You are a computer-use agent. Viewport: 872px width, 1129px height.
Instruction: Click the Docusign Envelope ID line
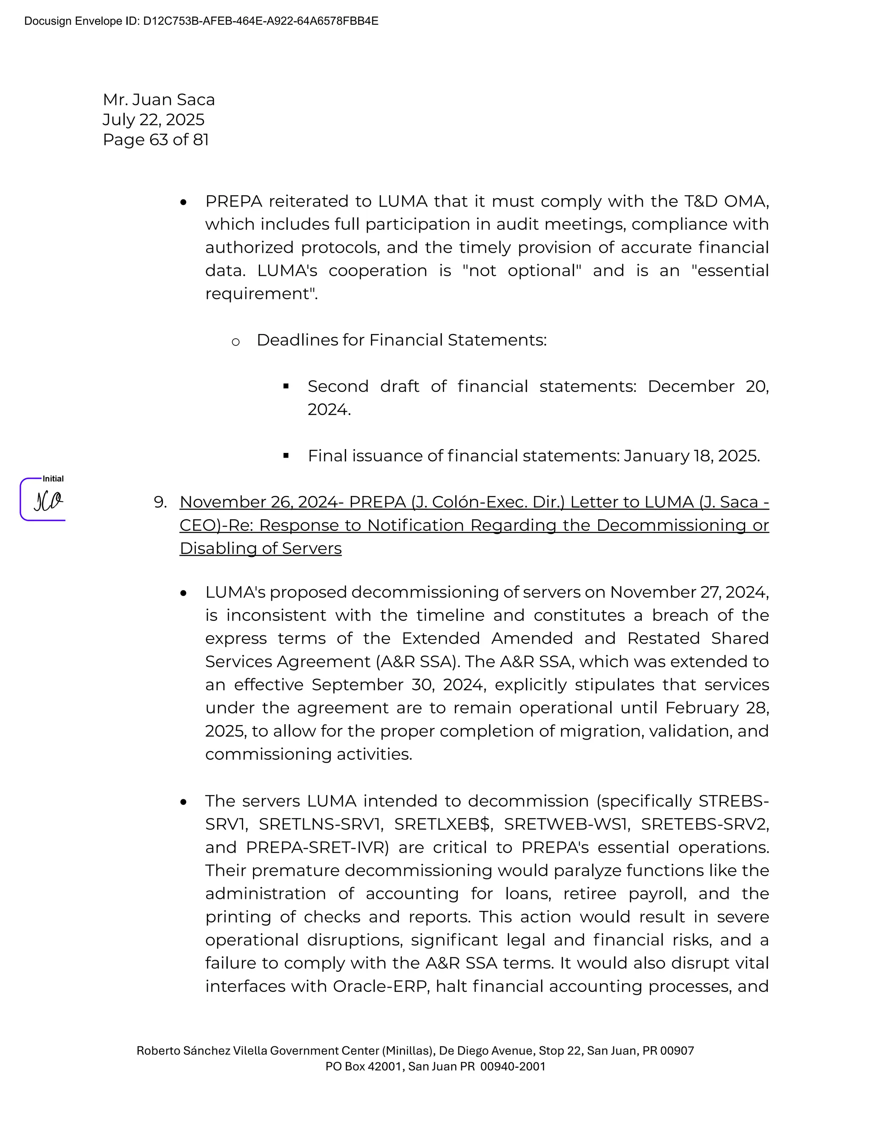[x=201, y=21]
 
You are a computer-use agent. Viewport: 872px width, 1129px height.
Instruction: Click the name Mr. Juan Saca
[x=158, y=99]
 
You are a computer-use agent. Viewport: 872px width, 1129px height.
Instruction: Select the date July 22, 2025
[x=153, y=119]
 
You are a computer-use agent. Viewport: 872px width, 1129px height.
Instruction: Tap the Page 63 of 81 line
[x=155, y=140]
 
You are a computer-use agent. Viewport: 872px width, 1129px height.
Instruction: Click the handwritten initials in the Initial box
[x=48, y=501]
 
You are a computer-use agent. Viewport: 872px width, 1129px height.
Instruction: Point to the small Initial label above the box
[x=53, y=479]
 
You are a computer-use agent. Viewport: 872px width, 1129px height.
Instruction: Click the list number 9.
[x=160, y=502]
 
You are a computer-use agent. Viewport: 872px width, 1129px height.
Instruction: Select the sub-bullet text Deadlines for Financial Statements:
[x=402, y=340]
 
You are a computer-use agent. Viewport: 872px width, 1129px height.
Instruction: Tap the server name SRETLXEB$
[x=442, y=824]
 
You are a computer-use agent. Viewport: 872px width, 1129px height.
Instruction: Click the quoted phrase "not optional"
[x=522, y=271]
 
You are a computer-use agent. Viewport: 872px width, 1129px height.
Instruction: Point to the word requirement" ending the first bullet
[x=261, y=294]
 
